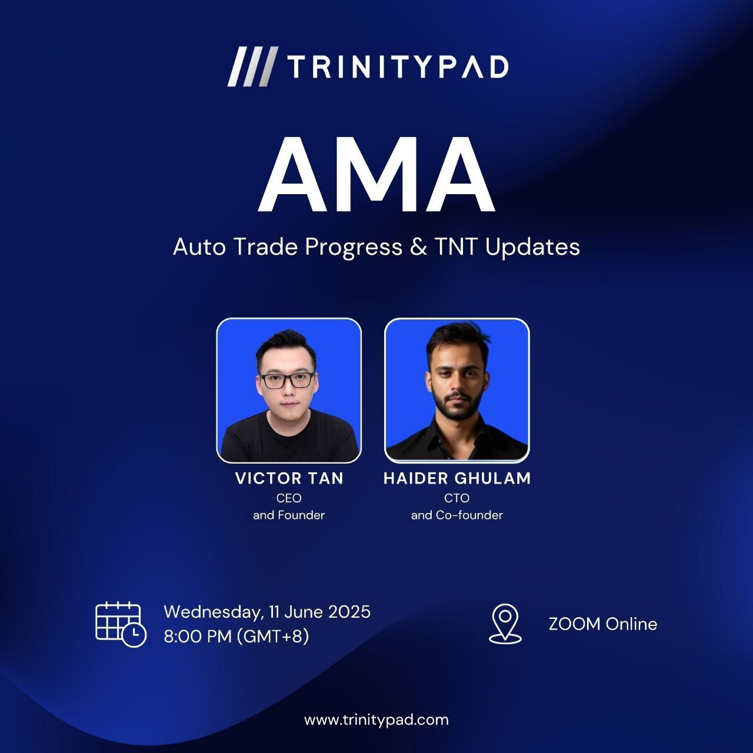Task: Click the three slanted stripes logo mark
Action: click(x=253, y=66)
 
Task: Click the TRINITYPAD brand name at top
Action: click(x=398, y=67)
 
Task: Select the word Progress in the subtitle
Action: click(x=354, y=248)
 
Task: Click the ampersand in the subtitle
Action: click(x=418, y=247)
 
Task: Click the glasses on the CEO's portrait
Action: click(x=287, y=380)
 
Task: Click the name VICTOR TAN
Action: click(x=289, y=479)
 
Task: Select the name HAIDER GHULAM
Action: click(x=457, y=479)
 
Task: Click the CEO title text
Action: click(x=289, y=498)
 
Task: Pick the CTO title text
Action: click(x=457, y=498)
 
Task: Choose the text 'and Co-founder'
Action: click(x=457, y=515)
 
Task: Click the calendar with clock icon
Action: click(x=121, y=625)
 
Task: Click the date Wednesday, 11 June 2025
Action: click(x=267, y=612)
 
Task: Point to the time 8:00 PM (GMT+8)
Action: click(x=236, y=637)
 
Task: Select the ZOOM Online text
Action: click(x=603, y=624)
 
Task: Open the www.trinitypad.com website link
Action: click(x=376, y=720)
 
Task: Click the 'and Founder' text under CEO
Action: click(x=289, y=515)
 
